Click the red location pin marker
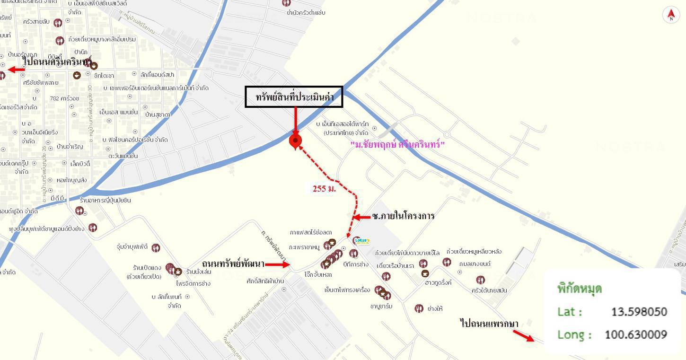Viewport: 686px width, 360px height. (x=295, y=140)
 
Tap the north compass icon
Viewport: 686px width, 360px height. (x=670, y=15)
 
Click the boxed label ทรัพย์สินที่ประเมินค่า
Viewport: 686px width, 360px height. (x=294, y=97)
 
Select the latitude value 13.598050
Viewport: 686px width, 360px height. (x=639, y=312)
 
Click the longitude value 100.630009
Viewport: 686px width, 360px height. (x=636, y=334)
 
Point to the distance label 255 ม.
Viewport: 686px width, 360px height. (x=324, y=188)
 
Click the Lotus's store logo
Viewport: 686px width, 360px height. (x=362, y=241)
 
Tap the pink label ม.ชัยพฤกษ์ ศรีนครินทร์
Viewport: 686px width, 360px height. (x=397, y=144)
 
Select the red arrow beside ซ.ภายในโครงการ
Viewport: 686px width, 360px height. (x=362, y=217)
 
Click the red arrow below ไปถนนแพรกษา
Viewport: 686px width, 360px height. (x=523, y=335)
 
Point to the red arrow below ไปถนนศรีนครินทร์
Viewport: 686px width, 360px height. (x=17, y=70)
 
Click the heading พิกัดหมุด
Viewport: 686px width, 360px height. (x=580, y=289)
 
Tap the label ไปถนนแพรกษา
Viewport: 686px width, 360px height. (x=489, y=324)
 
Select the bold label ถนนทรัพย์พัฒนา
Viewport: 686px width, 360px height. (x=233, y=263)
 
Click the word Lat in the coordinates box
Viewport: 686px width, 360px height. (x=569, y=312)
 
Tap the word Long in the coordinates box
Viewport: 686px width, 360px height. (x=574, y=334)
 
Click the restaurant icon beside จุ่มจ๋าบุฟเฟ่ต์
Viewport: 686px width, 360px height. (x=156, y=247)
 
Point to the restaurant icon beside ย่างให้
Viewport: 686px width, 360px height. (x=419, y=308)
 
